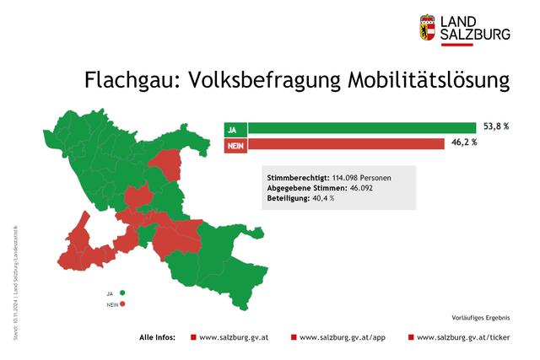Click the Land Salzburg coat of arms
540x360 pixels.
click(428, 27)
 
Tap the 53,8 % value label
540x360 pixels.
click(496, 126)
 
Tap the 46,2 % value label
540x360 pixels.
click(463, 143)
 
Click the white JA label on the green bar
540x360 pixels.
click(233, 129)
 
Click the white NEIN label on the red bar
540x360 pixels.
click(235, 144)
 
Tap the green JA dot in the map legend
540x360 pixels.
click(122, 293)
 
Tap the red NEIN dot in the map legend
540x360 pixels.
click(122, 304)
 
